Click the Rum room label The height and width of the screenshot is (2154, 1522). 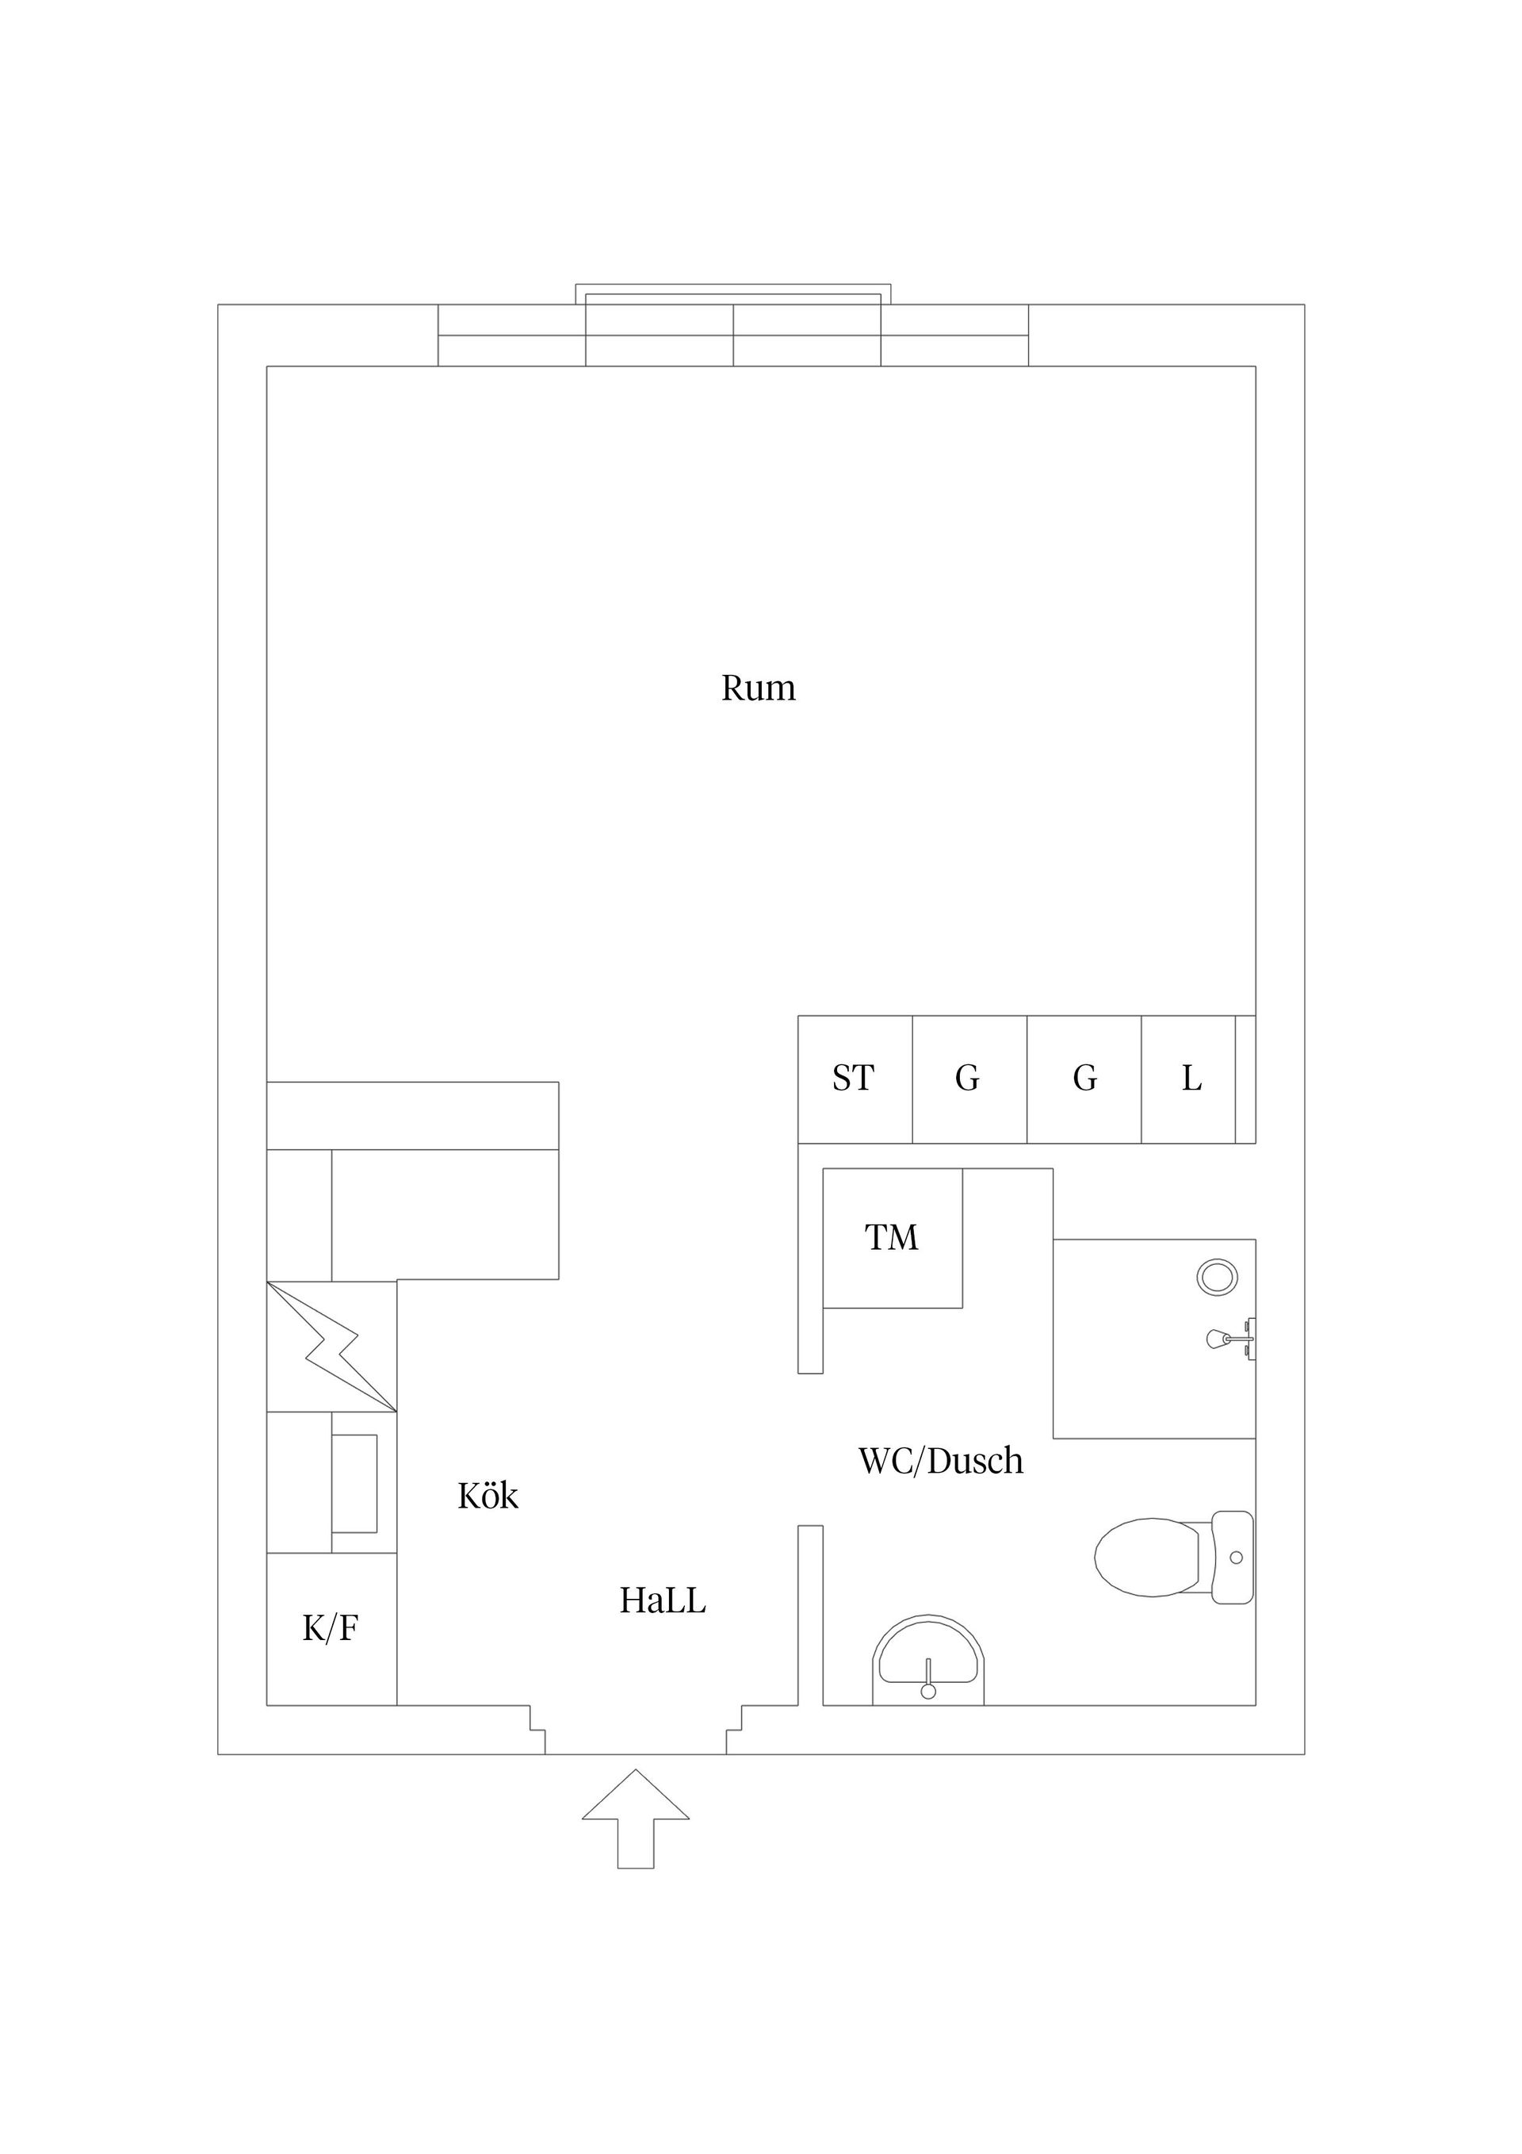point(758,688)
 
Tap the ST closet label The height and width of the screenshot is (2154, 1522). point(852,1078)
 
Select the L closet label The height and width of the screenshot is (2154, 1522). point(1191,1078)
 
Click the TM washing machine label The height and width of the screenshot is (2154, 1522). point(891,1237)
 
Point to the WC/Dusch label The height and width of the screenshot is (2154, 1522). point(941,1461)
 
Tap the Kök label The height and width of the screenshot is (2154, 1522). point(488,1496)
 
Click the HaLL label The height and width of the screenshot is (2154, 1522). point(662,1600)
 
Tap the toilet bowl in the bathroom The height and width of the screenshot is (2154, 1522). point(1148,1558)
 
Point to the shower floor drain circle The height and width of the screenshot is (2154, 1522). point(1218,1277)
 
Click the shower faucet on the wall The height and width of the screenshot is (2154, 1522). point(1230,1339)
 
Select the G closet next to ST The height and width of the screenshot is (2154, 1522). point(969,1079)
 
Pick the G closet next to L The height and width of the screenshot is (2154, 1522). point(1084,1079)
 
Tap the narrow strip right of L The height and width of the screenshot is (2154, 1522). point(1245,1079)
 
